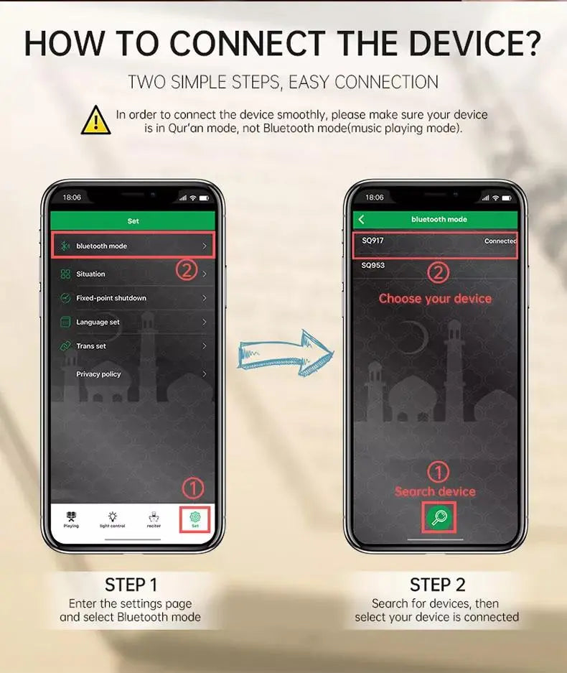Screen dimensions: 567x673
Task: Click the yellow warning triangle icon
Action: tap(96, 121)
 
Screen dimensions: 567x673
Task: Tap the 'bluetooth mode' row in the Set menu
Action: tap(133, 246)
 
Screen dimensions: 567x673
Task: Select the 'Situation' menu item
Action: tap(133, 274)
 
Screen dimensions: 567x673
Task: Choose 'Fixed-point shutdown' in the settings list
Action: tap(133, 298)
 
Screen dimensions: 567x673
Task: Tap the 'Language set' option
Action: tap(133, 322)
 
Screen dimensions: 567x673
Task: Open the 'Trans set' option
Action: tap(133, 346)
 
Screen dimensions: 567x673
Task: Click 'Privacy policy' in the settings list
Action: tap(133, 373)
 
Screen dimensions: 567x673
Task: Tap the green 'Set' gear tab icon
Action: tap(195, 519)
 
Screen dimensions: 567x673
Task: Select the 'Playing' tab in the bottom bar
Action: tap(71, 519)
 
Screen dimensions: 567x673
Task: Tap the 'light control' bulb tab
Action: tap(113, 519)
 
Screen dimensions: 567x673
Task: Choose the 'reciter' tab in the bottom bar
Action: tap(154, 519)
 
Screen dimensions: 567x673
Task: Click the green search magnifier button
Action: tap(439, 517)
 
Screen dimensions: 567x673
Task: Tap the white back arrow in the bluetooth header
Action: tap(361, 219)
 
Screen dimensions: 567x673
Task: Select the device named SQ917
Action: tap(372, 241)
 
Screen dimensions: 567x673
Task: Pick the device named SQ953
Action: tap(372, 265)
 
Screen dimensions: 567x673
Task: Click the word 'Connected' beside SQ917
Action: tap(500, 241)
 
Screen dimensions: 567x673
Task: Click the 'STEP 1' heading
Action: tap(131, 585)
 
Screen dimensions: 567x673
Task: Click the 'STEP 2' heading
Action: tap(437, 585)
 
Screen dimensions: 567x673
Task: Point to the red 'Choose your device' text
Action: tap(435, 298)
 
